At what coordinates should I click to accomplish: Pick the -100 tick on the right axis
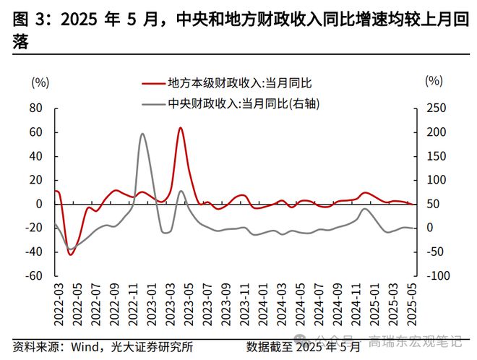point(437,275)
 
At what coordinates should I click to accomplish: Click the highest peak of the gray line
point(142,134)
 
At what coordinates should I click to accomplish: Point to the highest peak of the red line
point(180,128)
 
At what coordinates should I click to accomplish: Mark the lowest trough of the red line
point(70,254)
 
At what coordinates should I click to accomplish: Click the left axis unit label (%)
point(40,82)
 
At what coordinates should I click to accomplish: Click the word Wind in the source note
point(83,346)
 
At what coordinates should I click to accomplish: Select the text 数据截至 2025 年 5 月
point(303,346)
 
